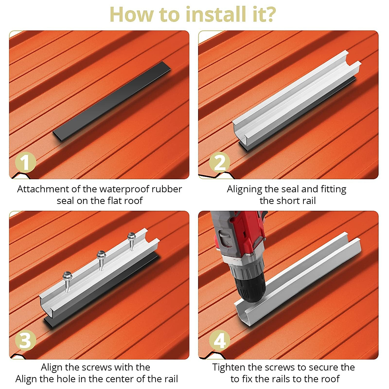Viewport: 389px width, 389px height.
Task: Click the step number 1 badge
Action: (25, 162)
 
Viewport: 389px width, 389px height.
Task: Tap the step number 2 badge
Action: (219, 162)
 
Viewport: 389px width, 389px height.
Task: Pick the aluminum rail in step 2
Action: (297, 94)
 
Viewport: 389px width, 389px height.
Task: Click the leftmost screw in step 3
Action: (67, 281)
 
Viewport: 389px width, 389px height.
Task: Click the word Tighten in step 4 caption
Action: (229, 367)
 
